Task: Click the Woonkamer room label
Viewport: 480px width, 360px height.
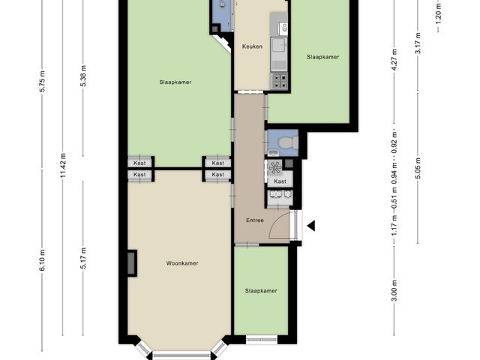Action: click(x=181, y=263)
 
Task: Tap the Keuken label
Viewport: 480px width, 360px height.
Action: click(x=252, y=46)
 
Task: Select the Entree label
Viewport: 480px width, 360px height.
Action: click(x=255, y=220)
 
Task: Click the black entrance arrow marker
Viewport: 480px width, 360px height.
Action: click(x=311, y=226)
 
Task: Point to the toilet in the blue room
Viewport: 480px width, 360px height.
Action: click(x=289, y=142)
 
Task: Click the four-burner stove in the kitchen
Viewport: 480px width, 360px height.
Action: click(x=279, y=80)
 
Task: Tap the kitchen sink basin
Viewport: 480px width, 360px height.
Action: click(x=278, y=49)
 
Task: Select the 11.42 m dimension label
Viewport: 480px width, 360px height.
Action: click(x=63, y=165)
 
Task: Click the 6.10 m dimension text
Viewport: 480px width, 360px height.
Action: click(x=42, y=260)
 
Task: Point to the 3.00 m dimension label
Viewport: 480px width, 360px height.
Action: click(x=394, y=291)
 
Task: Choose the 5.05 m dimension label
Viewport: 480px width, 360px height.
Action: click(x=418, y=168)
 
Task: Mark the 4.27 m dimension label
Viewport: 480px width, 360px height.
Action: click(x=394, y=60)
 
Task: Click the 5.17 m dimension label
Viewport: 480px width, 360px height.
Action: click(x=83, y=258)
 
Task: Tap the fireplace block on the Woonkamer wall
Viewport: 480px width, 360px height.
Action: click(x=132, y=263)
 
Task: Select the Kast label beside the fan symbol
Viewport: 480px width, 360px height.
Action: click(x=280, y=181)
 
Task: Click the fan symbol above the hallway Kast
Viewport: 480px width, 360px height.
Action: click(x=274, y=167)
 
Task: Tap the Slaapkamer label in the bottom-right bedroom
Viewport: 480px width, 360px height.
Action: click(x=261, y=291)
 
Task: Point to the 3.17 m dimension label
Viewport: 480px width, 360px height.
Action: click(x=418, y=43)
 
